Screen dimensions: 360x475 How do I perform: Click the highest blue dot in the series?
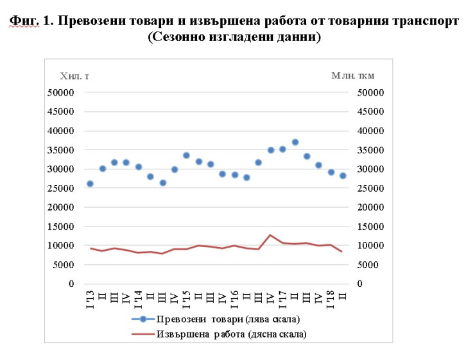[295, 142]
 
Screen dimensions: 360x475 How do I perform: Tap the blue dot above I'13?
[90, 184]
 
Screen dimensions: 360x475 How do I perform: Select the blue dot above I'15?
[186, 155]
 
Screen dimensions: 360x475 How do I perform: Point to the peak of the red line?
[270, 235]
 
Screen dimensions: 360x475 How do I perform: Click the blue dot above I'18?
[331, 172]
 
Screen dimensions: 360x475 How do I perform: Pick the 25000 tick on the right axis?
[368, 188]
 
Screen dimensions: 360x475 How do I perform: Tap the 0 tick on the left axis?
[71, 284]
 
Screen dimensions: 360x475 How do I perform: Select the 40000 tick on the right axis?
[368, 131]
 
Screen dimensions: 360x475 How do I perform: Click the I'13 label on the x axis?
[90, 300]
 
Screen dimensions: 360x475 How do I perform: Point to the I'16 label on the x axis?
[234, 300]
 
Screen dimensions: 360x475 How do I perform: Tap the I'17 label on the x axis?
[282, 300]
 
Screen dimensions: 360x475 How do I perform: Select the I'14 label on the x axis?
[138, 300]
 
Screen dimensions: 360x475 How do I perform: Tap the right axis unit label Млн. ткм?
[352, 76]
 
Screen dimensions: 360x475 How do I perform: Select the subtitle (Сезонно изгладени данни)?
[234, 37]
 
